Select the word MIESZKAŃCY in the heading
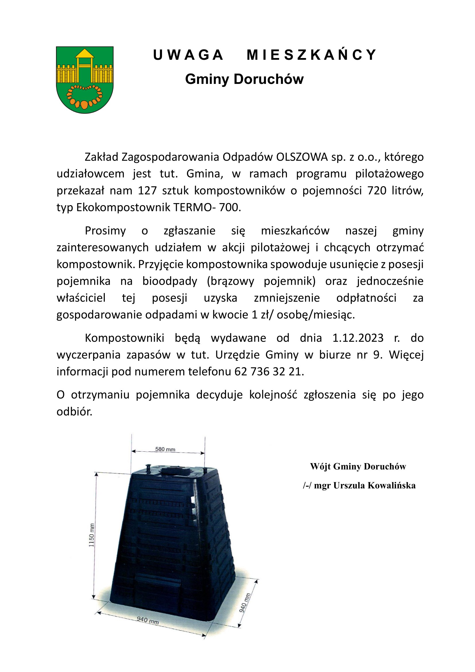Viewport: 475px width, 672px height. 312,55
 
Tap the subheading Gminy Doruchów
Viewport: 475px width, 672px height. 244,79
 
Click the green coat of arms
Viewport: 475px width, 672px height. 84,80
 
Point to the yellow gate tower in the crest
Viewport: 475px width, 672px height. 84,61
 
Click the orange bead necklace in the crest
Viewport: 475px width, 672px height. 84,96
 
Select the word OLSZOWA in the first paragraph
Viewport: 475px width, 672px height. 302,157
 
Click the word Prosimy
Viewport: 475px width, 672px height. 105,231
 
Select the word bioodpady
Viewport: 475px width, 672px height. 170,281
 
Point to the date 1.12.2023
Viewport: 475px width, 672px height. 358,338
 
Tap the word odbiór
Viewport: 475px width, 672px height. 74,411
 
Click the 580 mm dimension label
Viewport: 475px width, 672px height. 165,449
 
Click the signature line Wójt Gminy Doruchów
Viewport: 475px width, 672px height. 358,466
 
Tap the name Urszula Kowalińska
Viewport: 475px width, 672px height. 374,485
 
